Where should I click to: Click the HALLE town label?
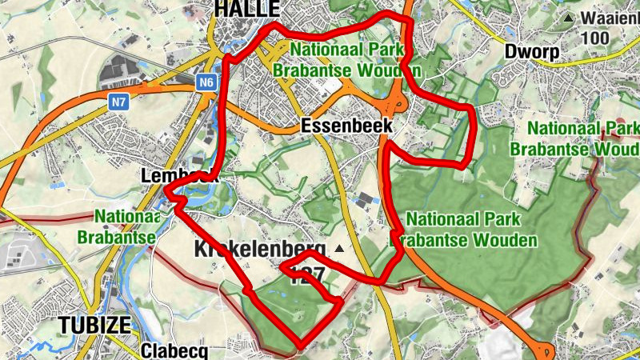tap(246, 9)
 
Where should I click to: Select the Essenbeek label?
tap(347, 126)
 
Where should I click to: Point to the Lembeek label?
tap(179, 175)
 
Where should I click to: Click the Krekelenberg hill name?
tap(260, 249)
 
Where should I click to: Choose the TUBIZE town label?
tap(94, 325)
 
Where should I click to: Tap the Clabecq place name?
tap(174, 351)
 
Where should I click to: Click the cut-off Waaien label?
tap(610, 18)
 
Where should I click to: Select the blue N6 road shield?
tap(207, 82)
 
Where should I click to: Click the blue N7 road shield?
tap(118, 102)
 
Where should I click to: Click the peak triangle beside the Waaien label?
tap(568, 18)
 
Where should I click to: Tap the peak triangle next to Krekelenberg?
tap(339, 249)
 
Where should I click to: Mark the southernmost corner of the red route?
tap(300, 347)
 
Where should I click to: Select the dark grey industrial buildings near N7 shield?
tap(128, 70)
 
